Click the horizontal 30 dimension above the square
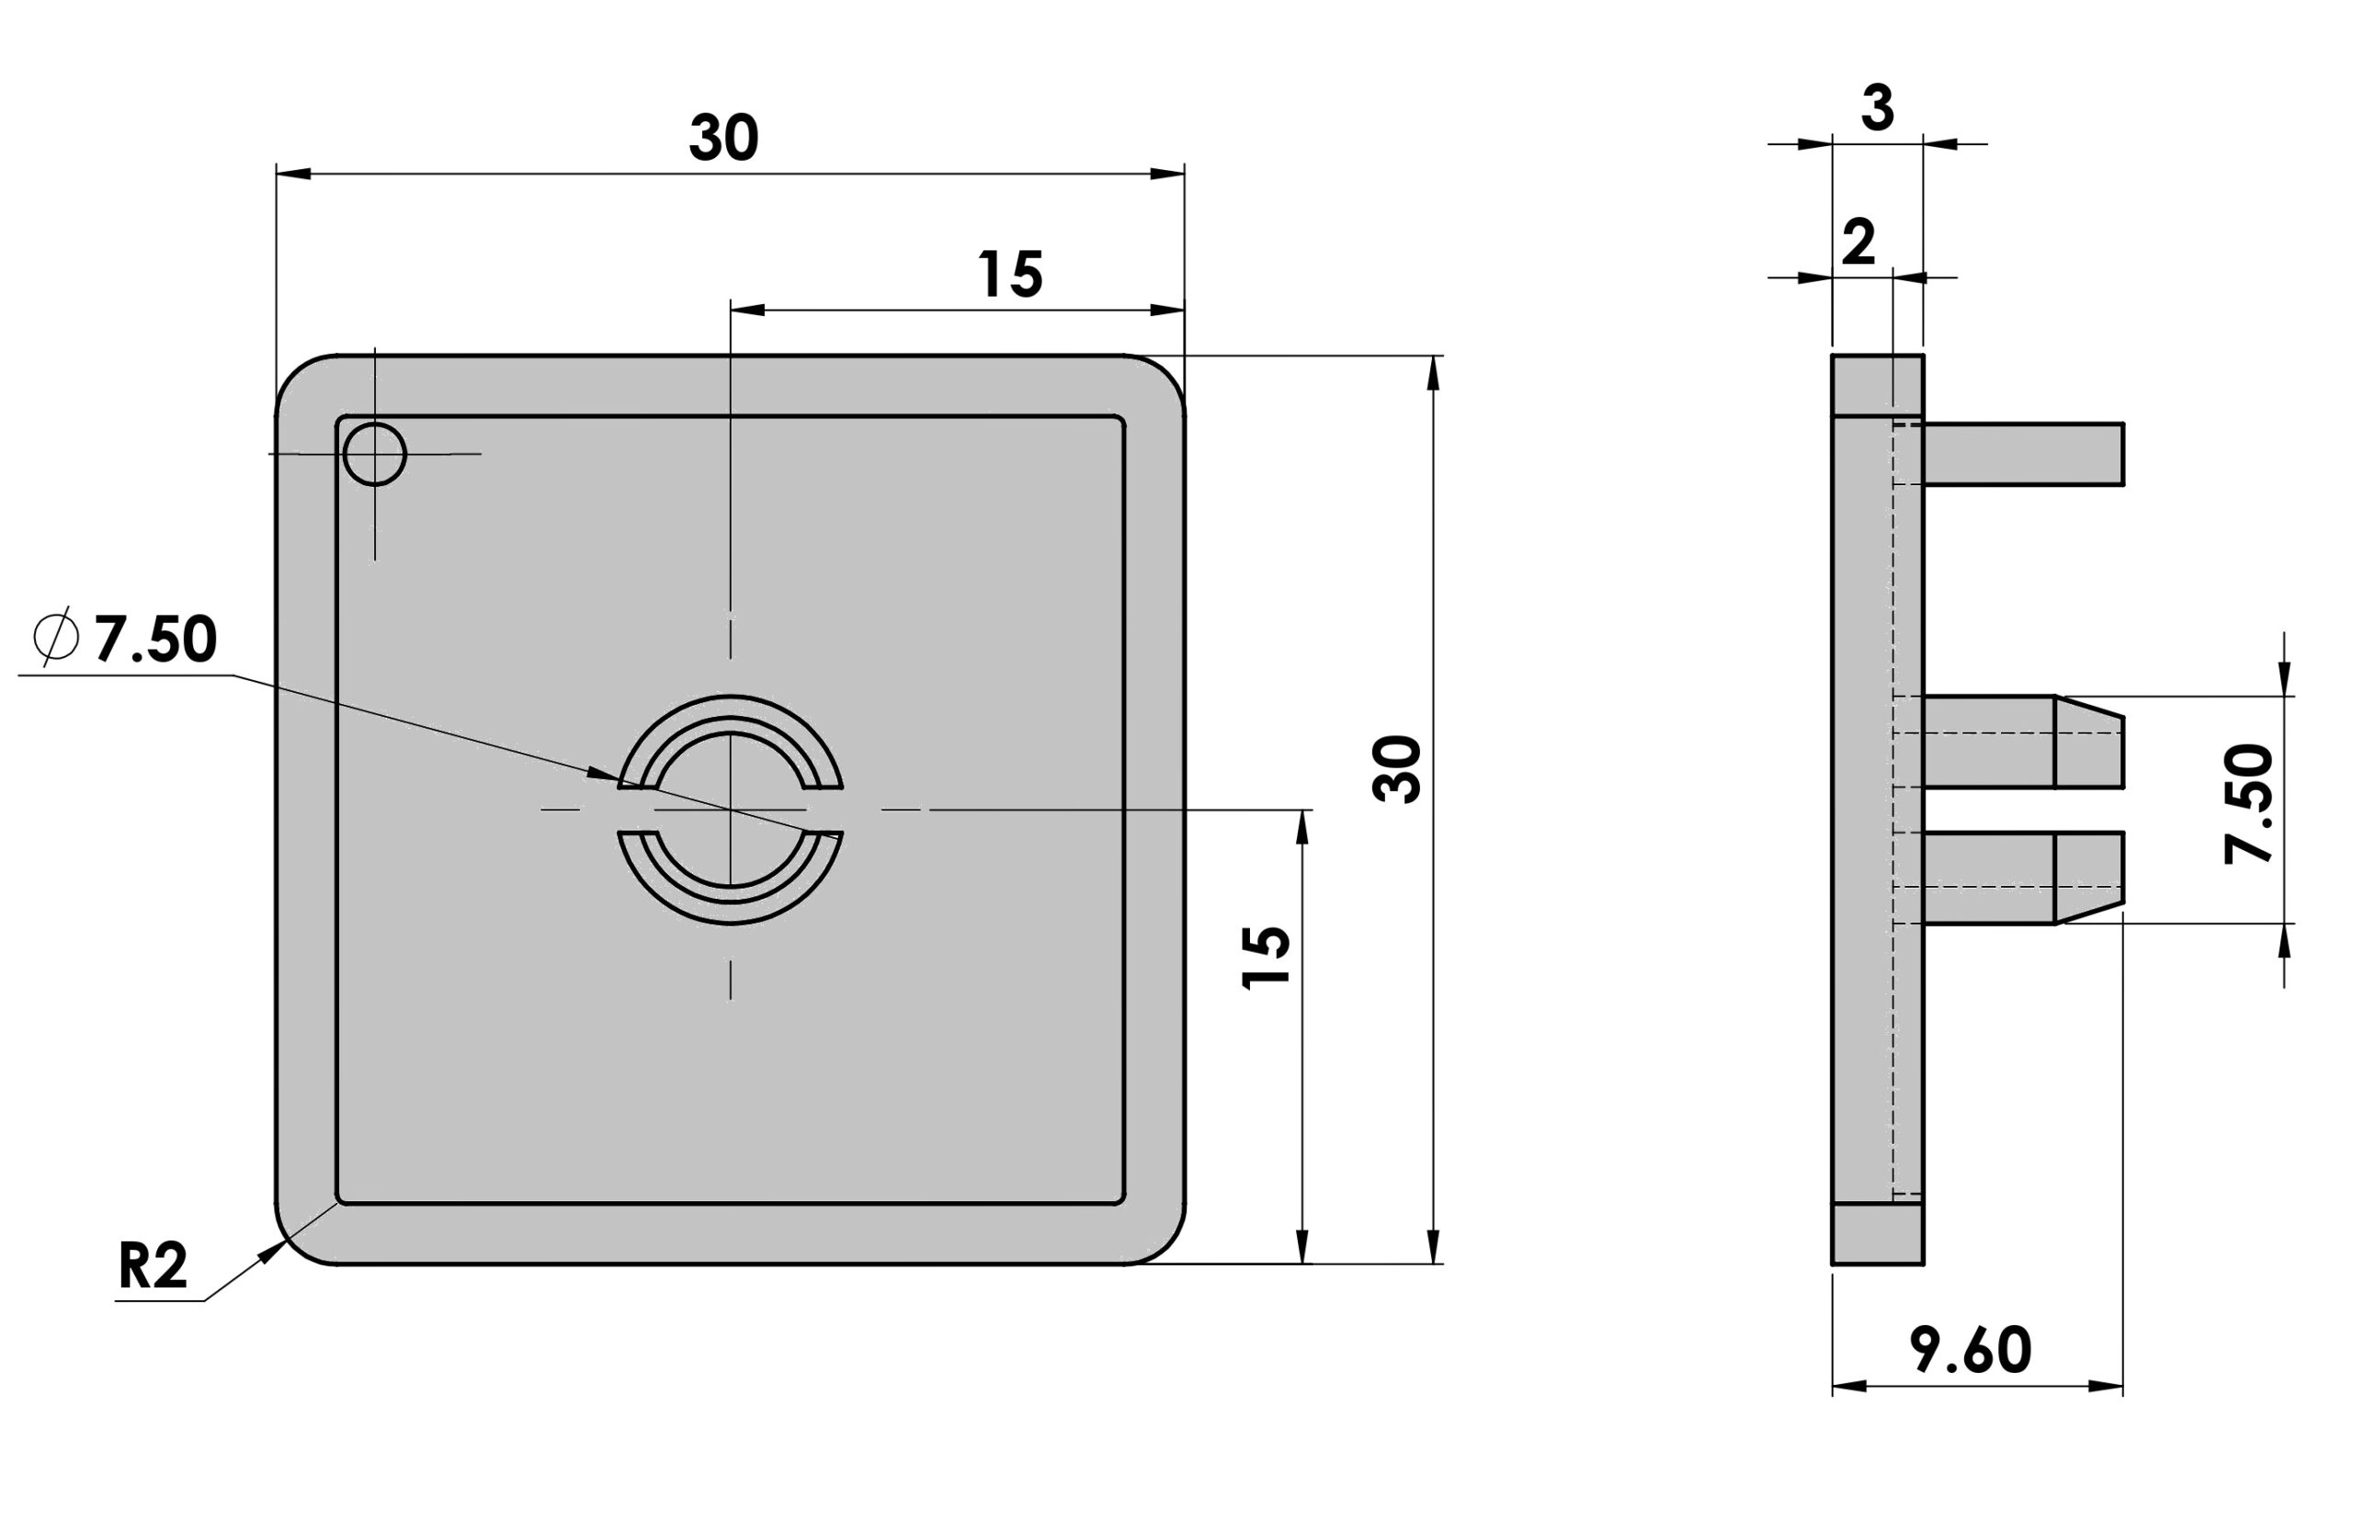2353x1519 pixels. [x=723, y=138]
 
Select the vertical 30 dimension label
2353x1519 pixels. [x=1396, y=768]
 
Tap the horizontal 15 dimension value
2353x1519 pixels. [x=1010, y=274]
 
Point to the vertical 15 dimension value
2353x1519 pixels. [x=1266, y=957]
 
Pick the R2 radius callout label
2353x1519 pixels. [x=152, y=1265]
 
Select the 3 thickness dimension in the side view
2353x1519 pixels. [x=1878, y=108]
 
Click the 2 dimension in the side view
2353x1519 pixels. [x=1859, y=243]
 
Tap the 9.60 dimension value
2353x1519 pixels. [x=1971, y=1350]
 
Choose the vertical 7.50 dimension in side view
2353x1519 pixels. [x=2249, y=804]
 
